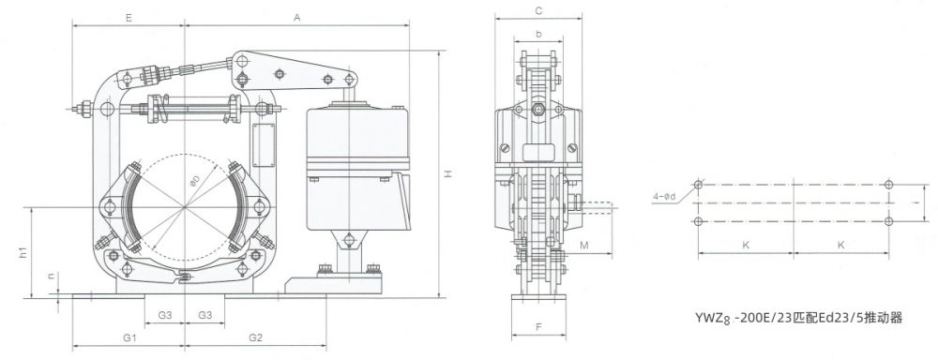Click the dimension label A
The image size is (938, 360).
pos(296,18)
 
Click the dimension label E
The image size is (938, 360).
pos(129,18)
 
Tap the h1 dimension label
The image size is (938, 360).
pos(23,253)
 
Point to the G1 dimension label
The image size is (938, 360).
pos(129,337)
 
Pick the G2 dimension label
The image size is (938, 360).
pos(255,337)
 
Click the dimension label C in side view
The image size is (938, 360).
pos(539,10)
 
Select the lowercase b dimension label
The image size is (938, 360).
pos(539,35)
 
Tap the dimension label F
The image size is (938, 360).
pos(538,327)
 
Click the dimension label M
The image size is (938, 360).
pos(585,246)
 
